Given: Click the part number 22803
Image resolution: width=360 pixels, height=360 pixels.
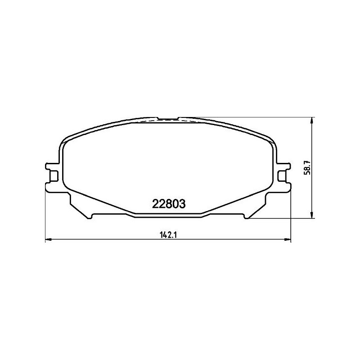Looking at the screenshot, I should pyautogui.click(x=167, y=204).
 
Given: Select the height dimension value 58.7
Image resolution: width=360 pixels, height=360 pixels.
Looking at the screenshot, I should pyautogui.click(x=308, y=168).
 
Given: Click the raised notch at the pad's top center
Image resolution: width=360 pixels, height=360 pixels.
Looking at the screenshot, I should pyautogui.click(x=169, y=118).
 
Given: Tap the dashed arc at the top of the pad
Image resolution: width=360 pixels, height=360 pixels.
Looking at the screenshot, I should pyautogui.click(x=148, y=121).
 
